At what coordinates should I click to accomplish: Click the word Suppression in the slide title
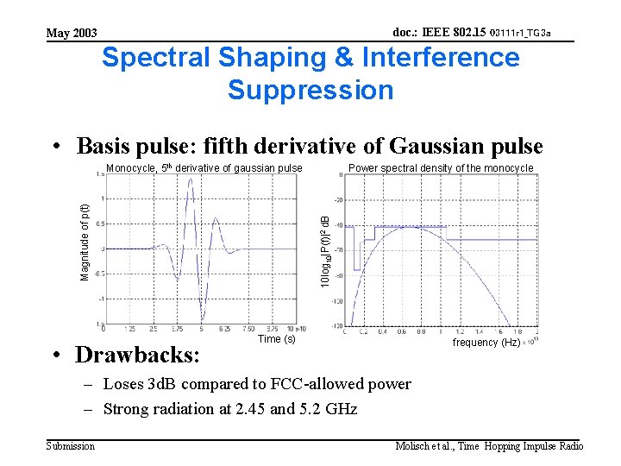coord(310,90)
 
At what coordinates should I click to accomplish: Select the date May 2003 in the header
coord(72,33)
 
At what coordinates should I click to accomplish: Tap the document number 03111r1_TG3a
coord(519,34)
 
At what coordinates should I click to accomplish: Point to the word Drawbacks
coord(137,355)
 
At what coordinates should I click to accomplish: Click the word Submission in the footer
coord(71,445)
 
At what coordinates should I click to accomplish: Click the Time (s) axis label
coord(276,339)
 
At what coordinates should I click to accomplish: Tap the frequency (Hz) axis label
coord(486,343)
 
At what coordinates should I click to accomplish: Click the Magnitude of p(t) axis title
coord(85,242)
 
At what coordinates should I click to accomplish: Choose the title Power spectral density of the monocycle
coord(441,168)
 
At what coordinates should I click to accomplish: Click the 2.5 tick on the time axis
coord(153,329)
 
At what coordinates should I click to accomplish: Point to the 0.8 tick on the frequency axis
coord(420,331)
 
